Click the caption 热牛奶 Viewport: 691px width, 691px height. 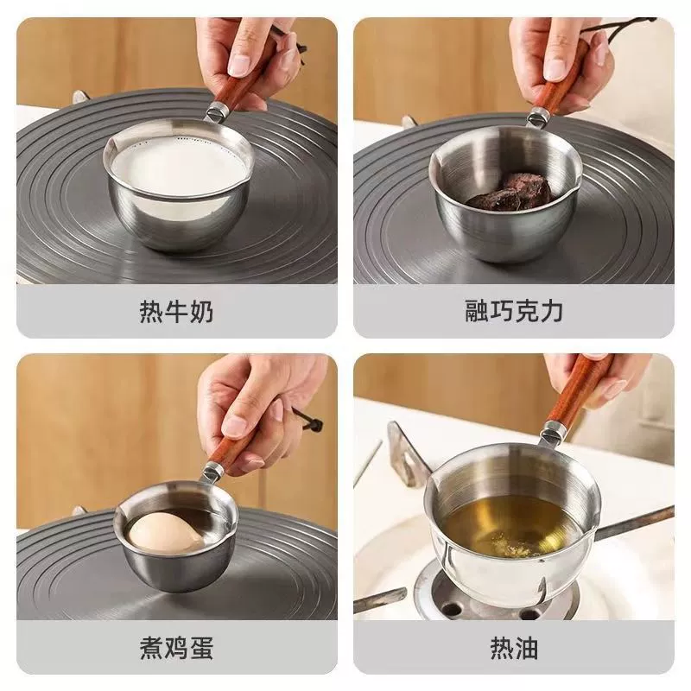click(x=177, y=311)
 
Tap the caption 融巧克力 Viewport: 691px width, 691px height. click(x=514, y=311)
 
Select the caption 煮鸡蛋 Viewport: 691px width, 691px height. click(x=177, y=648)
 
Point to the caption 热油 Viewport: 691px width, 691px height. click(x=514, y=648)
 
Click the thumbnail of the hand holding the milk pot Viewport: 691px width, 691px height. click(x=241, y=66)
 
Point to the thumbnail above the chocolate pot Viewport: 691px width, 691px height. click(x=556, y=69)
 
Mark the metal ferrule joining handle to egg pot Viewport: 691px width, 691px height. click(x=213, y=472)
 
